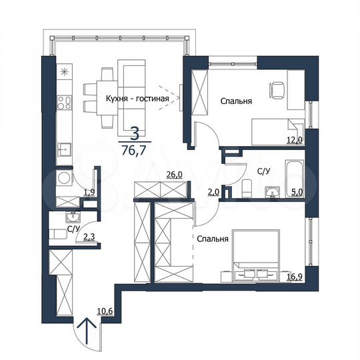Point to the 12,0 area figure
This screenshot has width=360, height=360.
coord(295,141)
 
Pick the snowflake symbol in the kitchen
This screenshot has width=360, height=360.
coord(64,72)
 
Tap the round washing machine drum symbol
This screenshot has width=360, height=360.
coord(65,179)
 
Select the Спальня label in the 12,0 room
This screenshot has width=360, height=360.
coord(236,102)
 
